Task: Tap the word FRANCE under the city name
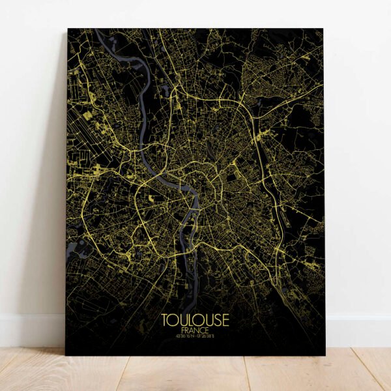(x=195, y=330)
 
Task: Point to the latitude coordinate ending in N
(x=184, y=337)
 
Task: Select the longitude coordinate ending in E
(x=207, y=337)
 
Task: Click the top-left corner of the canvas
(x=68, y=29)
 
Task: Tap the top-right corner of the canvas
(x=323, y=29)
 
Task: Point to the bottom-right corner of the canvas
(x=325, y=355)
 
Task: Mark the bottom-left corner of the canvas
(x=66, y=355)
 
